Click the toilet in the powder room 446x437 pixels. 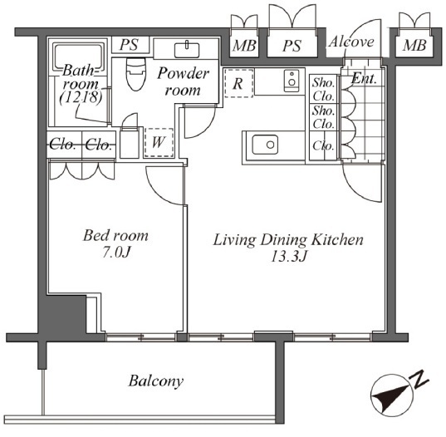point(136,74)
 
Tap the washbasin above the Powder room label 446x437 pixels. point(187,50)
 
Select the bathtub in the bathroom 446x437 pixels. point(78,56)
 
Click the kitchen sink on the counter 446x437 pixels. point(265,145)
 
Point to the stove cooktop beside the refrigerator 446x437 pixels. point(292,81)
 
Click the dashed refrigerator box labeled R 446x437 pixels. point(238,83)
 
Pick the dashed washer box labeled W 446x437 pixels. point(159,142)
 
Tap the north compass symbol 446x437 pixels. point(395,394)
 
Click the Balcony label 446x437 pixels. point(156,381)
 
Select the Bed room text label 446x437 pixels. point(115,236)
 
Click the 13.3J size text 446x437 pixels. point(288,257)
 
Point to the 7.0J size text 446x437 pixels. point(116,252)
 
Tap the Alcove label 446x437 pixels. point(351,42)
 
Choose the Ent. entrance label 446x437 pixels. point(364,78)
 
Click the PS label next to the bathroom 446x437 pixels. point(129,45)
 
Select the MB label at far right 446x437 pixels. point(414,45)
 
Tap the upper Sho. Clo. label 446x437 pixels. point(324,90)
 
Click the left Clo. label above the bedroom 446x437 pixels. point(62,145)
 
